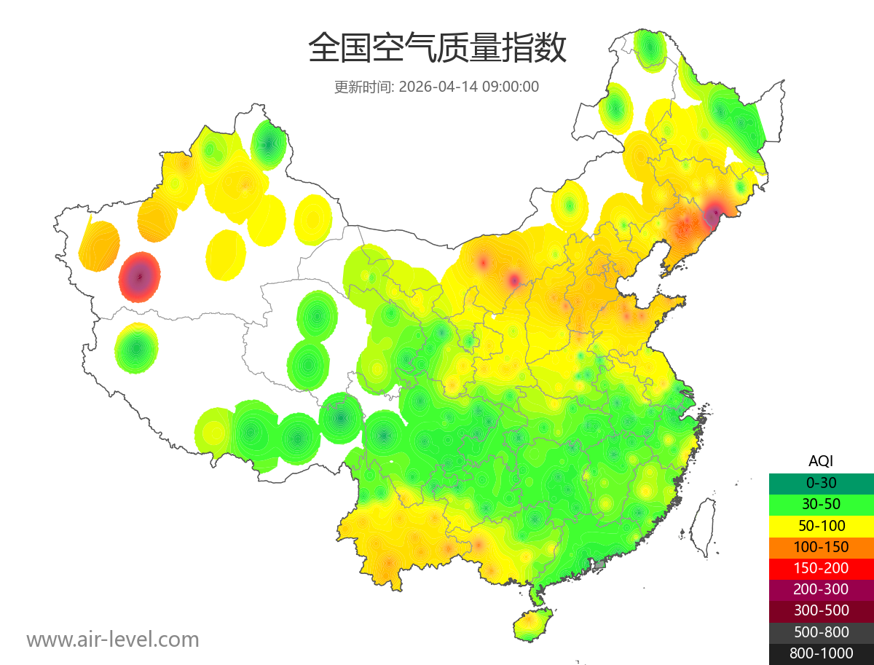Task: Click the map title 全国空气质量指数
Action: [x=437, y=49]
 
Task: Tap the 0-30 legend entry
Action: [x=821, y=483]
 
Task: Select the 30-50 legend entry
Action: [x=821, y=504]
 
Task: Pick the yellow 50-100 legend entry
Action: [x=821, y=526]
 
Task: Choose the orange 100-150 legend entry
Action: [x=821, y=547]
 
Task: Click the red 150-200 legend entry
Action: [x=821, y=568]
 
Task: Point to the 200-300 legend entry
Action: [x=821, y=589]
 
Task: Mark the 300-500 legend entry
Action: [x=821, y=610]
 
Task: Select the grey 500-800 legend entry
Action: [x=821, y=632]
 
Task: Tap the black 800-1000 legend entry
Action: [x=821, y=653]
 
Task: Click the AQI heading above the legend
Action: [x=821, y=460]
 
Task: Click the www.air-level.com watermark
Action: [x=113, y=640]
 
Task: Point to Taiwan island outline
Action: [x=703, y=526]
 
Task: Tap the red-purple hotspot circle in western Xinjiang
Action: [x=139, y=277]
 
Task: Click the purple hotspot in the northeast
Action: [x=712, y=215]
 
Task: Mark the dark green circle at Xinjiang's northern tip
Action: [x=269, y=145]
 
